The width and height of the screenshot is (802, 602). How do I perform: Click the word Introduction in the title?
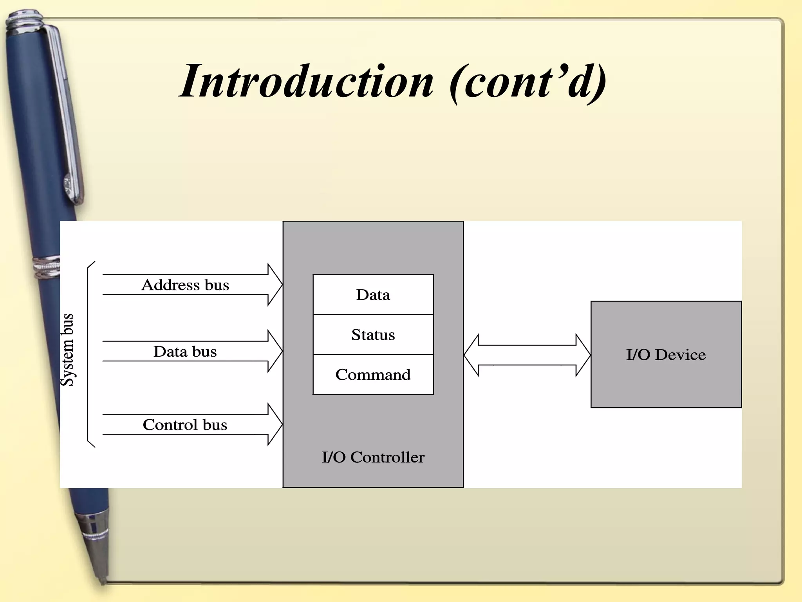[306, 82]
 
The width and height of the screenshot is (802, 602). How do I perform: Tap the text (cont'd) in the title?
[528, 82]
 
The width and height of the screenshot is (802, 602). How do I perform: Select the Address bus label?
[185, 285]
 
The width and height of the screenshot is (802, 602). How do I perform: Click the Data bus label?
[185, 352]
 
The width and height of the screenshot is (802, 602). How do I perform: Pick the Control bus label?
[185, 425]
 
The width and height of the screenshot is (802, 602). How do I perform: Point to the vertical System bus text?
[67, 350]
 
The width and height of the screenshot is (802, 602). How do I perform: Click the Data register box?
[373, 295]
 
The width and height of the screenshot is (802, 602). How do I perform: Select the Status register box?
[373, 335]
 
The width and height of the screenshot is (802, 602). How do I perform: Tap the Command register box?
[373, 375]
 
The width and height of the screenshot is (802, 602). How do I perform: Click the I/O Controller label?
[373, 457]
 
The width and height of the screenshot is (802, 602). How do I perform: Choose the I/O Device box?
[666, 355]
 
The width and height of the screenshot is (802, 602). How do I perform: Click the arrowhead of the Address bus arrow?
[275, 285]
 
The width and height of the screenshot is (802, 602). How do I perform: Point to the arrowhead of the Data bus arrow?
[275, 351]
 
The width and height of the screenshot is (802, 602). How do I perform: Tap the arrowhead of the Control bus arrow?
[275, 424]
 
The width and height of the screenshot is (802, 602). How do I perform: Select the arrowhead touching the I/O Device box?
[583, 355]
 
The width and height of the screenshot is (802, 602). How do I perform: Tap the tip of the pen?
[103, 580]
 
